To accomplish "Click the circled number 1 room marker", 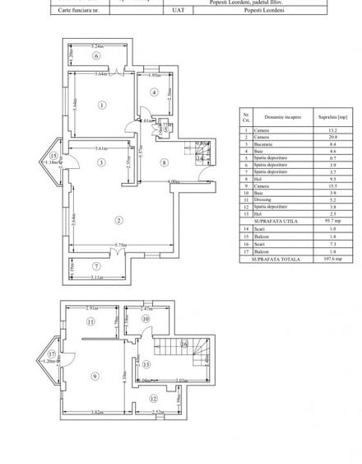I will tap(101, 105).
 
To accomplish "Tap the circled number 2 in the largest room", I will tap(119, 220).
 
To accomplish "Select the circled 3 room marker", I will tap(100, 163).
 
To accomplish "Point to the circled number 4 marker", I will tap(154, 92).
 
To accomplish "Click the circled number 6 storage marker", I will tap(95, 56).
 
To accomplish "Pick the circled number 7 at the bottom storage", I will tap(96, 266).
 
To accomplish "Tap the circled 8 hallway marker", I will tap(165, 162).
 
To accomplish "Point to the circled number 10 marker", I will tap(145, 318).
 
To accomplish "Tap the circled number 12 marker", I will tap(152, 399).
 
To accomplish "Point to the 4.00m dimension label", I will tap(173, 181).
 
